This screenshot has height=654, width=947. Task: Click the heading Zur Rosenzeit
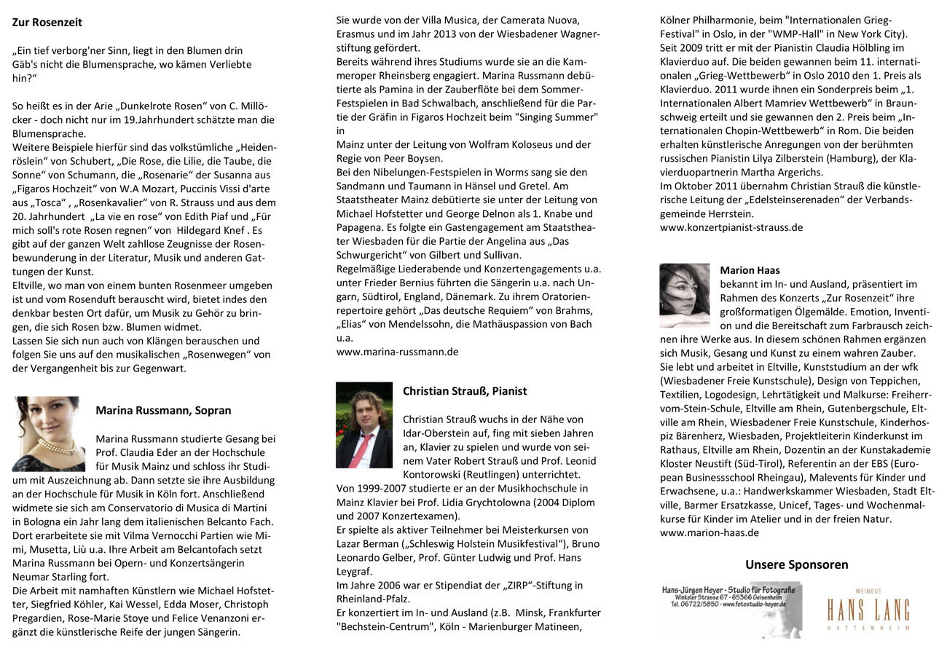click(47, 23)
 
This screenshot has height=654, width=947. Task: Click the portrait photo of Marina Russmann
click(49, 433)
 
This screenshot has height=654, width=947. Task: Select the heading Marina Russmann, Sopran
click(163, 410)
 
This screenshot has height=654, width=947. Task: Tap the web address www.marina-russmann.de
click(397, 352)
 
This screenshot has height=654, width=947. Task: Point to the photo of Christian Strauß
click(364, 425)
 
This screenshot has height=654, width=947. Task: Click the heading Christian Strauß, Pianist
click(465, 391)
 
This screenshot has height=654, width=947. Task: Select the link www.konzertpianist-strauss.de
click(731, 227)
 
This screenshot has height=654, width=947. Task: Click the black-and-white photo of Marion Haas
click(684, 295)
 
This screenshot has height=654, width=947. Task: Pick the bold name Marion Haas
click(750, 270)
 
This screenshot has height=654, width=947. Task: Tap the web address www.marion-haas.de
click(710, 532)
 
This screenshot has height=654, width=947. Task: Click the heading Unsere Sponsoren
click(796, 564)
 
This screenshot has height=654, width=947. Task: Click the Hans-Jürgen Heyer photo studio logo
click(731, 609)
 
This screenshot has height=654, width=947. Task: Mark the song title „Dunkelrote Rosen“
click(169, 106)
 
